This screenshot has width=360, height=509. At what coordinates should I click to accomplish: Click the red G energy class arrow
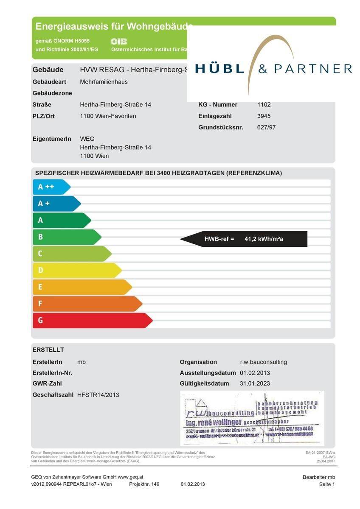(x=91, y=320)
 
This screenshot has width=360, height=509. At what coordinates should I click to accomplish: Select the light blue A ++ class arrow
(x=51, y=187)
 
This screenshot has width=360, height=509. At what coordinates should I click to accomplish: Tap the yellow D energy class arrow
(x=76, y=270)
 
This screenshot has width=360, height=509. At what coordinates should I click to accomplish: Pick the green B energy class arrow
(x=66, y=237)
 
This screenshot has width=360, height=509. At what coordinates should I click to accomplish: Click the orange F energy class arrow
(x=87, y=304)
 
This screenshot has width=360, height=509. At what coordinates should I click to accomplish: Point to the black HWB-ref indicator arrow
(x=244, y=239)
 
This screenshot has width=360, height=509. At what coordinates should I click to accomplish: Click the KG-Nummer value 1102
(x=264, y=105)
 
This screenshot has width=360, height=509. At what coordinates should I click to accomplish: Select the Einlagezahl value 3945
(x=264, y=116)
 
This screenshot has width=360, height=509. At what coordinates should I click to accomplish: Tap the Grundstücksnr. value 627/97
(x=266, y=127)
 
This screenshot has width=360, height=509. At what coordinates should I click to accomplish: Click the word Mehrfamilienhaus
(x=104, y=82)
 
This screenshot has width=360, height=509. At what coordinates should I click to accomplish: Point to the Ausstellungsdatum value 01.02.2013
(x=255, y=373)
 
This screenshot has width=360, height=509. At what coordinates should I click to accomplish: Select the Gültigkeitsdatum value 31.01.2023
(x=255, y=384)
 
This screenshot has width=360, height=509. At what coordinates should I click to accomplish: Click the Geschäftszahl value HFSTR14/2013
(x=98, y=395)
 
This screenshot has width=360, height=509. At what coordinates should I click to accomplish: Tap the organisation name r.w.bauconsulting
(x=263, y=362)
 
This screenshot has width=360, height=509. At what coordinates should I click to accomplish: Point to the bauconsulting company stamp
(x=252, y=418)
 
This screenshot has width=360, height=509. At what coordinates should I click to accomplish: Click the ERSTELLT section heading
(x=48, y=350)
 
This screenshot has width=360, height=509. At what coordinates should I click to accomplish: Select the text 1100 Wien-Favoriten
(x=108, y=116)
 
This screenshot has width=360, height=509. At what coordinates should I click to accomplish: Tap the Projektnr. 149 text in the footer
(x=144, y=484)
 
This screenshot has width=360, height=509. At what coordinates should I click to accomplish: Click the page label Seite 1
(x=327, y=484)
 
